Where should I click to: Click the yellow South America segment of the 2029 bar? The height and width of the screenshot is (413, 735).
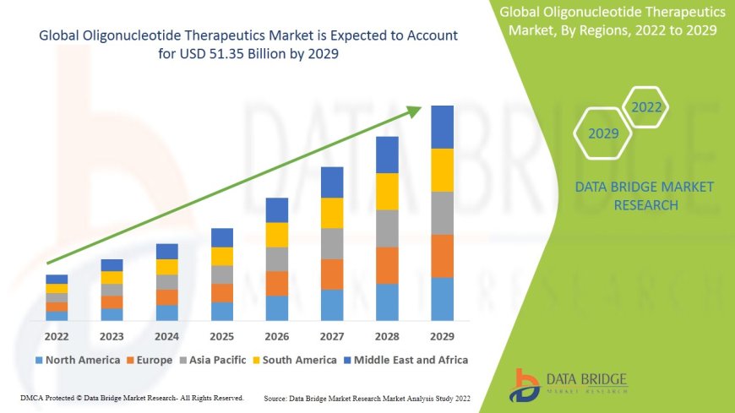click(x=442, y=170)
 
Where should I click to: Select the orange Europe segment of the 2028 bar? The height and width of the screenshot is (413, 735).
click(x=387, y=265)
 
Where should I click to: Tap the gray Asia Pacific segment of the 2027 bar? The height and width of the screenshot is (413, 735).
click(x=332, y=243)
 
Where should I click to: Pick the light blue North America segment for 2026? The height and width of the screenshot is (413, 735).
click(x=277, y=307)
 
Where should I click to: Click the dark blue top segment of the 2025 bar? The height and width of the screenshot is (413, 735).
click(x=222, y=237)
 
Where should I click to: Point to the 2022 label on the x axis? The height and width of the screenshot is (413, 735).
click(x=57, y=335)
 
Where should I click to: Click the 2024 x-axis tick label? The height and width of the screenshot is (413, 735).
click(x=167, y=335)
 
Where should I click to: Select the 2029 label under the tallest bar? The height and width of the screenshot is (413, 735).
click(x=442, y=335)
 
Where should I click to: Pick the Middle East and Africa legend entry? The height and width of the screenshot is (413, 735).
click(x=406, y=360)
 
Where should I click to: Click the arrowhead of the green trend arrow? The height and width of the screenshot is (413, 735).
click(x=416, y=110)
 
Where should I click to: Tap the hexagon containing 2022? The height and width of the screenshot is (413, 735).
click(x=646, y=107)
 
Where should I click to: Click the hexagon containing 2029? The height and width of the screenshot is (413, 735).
click(x=603, y=133)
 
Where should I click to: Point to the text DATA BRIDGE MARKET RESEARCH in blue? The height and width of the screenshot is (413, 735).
click(x=644, y=196)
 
